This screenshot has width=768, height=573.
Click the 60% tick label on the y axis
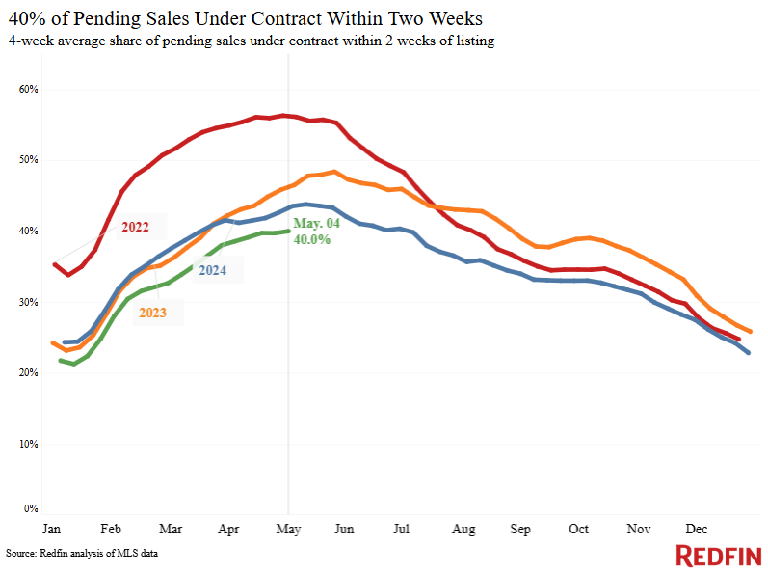[x=28, y=89]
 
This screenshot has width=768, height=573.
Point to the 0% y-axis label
[x=31, y=508]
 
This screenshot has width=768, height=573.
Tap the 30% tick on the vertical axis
[x=28, y=302]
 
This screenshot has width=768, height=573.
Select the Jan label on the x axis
[x=51, y=529]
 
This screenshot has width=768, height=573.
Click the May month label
[x=288, y=530]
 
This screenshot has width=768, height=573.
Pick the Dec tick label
[x=696, y=529]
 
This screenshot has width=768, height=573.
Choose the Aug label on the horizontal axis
[x=463, y=530]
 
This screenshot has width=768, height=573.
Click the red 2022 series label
[x=135, y=227]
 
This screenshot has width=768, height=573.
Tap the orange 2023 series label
[x=152, y=313]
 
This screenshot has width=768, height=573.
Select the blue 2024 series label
[x=213, y=270]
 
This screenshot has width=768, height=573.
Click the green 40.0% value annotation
[x=312, y=239]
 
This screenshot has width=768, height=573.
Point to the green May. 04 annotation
[x=316, y=224]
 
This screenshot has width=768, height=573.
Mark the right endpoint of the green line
[x=288, y=231]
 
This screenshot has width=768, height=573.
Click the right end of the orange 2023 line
[x=750, y=332]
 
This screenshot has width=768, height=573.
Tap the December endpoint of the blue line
[x=748, y=352]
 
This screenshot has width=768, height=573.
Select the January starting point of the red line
[x=54, y=264]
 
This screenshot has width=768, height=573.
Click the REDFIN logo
[x=719, y=556]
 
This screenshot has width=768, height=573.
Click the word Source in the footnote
[x=20, y=554]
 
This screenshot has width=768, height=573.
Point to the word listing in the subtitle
[x=475, y=41]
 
